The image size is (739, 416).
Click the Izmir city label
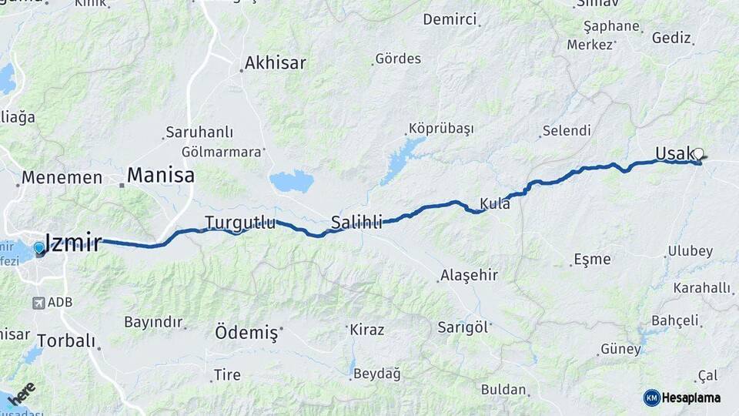(73, 243)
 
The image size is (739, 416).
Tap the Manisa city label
(160, 175)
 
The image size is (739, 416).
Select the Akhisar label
(275, 62)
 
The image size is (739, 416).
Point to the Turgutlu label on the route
(239, 223)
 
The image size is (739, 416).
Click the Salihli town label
(356, 223)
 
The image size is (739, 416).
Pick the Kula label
(495, 204)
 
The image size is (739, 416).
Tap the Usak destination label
(674, 153)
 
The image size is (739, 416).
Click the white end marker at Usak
(699, 154)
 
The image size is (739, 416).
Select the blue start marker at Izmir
(40, 249)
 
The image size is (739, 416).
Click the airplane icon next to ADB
(38, 303)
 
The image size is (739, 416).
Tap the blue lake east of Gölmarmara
(291, 183)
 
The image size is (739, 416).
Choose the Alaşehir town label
(469, 275)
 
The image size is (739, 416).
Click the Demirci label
(450, 19)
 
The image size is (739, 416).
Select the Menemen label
(62, 177)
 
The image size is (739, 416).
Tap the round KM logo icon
(651, 398)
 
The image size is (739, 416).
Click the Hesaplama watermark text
(691, 398)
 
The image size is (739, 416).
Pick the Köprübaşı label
(440, 128)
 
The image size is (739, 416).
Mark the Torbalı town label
(65, 340)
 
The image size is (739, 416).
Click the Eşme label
(592, 260)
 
